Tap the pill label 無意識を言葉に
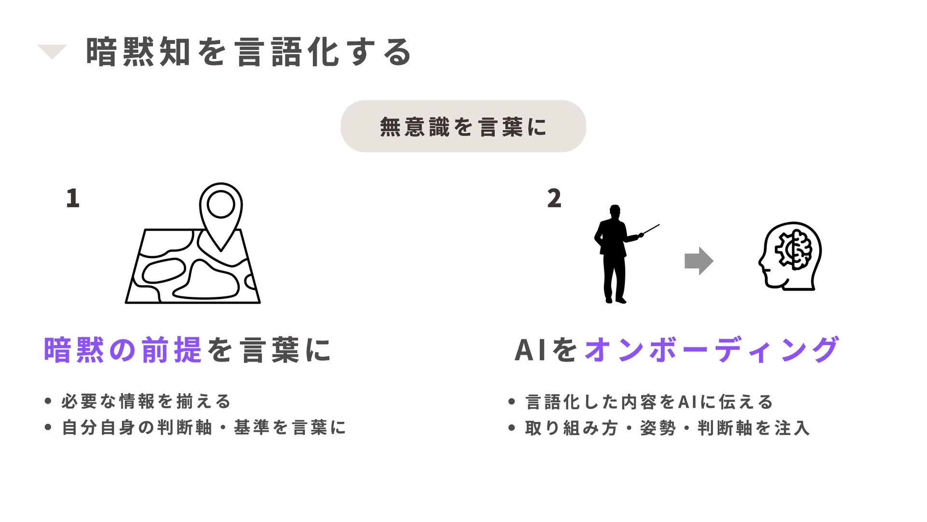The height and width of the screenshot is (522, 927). point(463,127)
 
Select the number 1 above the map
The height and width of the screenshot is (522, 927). point(72,198)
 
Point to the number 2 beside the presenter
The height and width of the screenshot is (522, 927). point(554,198)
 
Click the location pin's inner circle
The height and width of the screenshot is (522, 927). point(221,204)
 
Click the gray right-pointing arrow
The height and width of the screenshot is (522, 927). point(698,261)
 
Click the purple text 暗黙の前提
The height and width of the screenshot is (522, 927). point(123,349)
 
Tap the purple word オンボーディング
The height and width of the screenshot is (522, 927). point(712,349)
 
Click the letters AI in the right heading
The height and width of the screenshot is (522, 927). point(531,349)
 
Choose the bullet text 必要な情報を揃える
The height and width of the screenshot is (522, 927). point(146,401)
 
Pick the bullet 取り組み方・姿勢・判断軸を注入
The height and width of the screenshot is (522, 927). point(667,428)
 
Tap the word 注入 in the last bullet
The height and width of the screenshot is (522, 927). point(792,428)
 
